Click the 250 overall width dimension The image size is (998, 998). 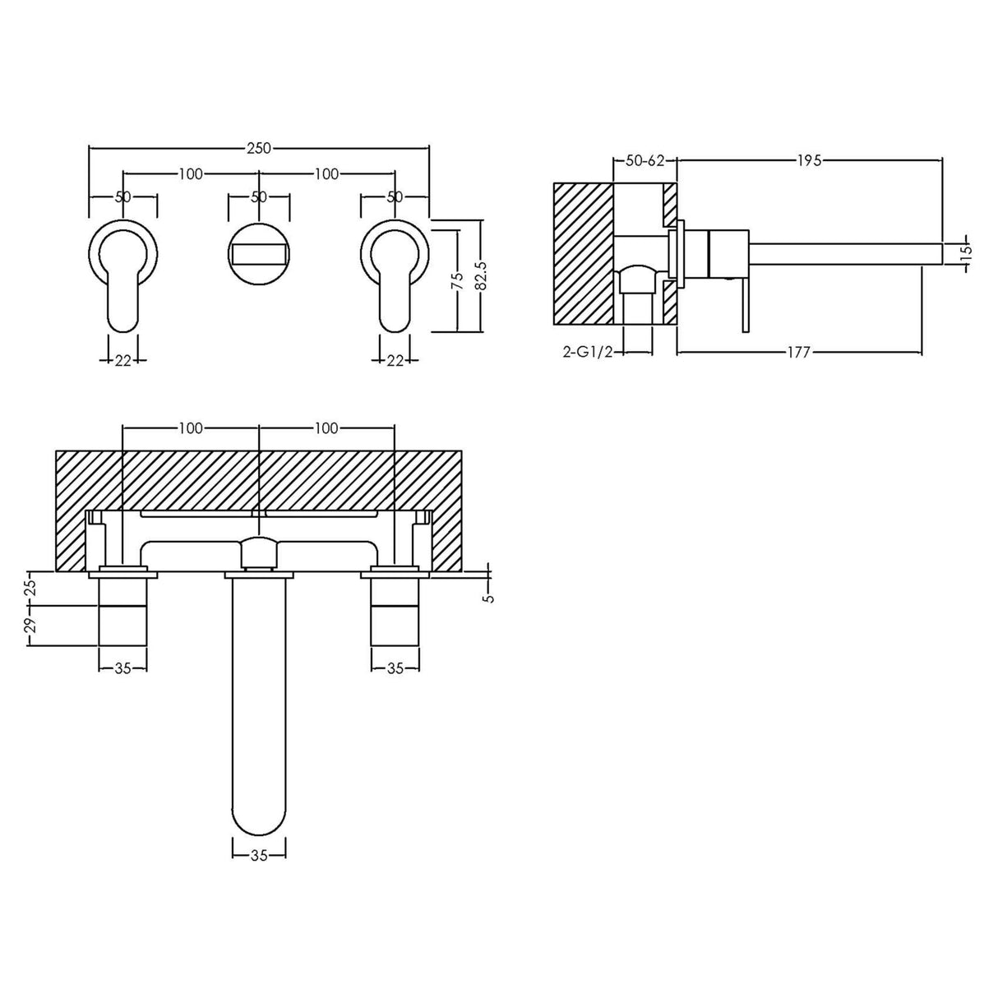(259, 148)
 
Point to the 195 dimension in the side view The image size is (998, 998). (809, 161)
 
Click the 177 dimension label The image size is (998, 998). (798, 353)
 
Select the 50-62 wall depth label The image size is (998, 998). (645, 161)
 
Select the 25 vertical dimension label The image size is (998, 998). (30, 587)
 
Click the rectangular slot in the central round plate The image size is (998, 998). (259, 252)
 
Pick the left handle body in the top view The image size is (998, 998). (123, 612)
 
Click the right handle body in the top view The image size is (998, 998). (395, 612)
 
